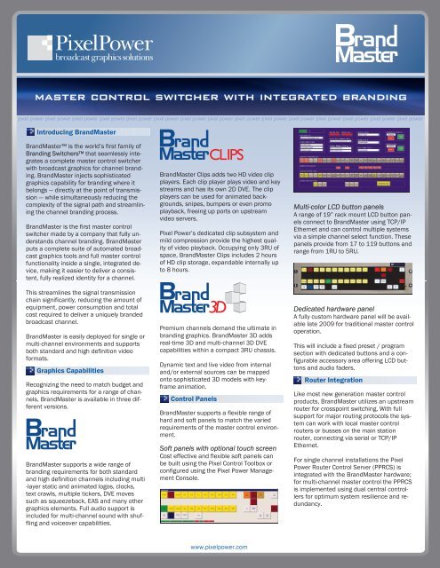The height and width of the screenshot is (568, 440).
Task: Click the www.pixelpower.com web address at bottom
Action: coord(220,550)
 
